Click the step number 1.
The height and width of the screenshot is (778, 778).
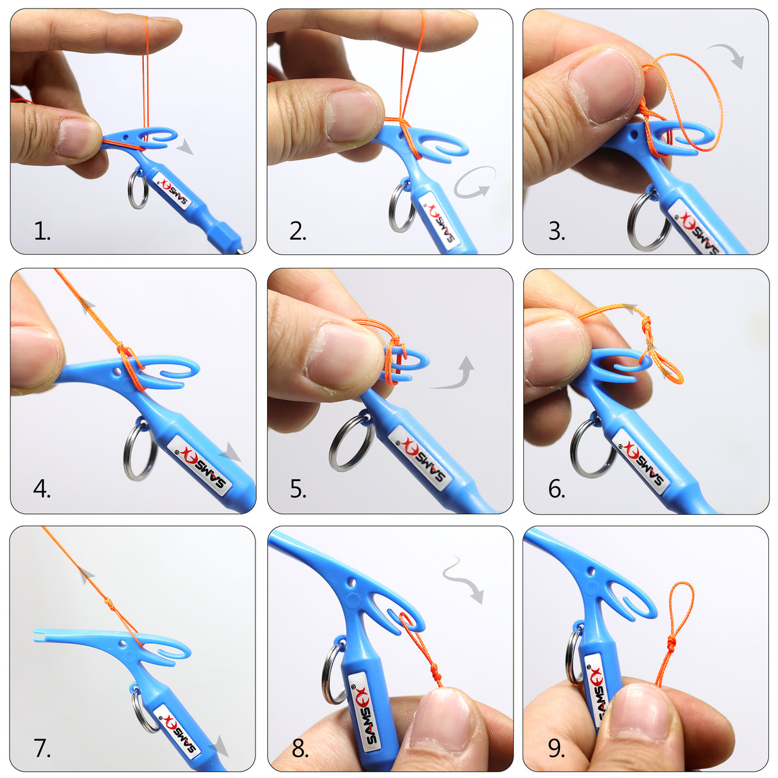pyautogui.click(x=42, y=231)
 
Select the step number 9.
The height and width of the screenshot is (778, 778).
pyautogui.click(x=556, y=748)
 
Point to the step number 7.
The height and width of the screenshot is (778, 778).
pyautogui.click(x=42, y=748)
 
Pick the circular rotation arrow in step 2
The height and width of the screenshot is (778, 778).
pyautogui.click(x=473, y=182)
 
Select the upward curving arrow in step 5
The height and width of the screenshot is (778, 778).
pyautogui.click(x=456, y=375)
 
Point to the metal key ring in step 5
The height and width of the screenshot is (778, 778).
pyautogui.click(x=351, y=443)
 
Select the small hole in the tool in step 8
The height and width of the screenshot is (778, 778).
pyautogui.click(x=352, y=583)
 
